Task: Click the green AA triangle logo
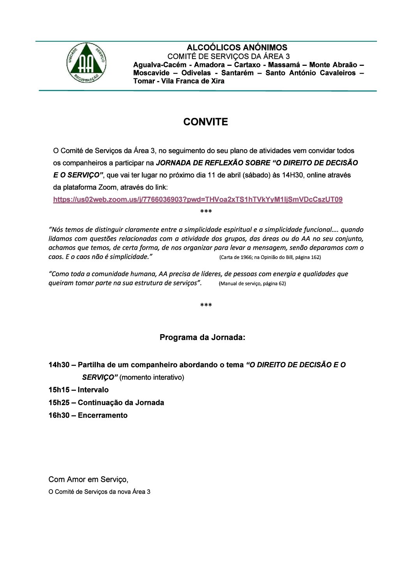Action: [86, 63]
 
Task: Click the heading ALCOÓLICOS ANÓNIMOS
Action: [237, 48]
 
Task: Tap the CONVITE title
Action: [206, 122]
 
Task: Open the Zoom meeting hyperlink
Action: [198, 200]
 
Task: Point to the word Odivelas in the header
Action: [195, 73]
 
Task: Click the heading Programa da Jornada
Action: [202, 337]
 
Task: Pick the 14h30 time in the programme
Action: [59, 365]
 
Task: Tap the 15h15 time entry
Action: [59, 390]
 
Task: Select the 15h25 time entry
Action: [59, 403]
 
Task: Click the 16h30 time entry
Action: [59, 416]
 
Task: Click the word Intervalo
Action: [93, 390]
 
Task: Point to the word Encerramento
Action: [103, 416]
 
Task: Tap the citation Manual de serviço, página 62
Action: [252, 284]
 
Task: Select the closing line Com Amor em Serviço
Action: [88, 479]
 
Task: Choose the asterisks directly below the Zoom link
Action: [206, 212]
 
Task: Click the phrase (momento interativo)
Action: [152, 377]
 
